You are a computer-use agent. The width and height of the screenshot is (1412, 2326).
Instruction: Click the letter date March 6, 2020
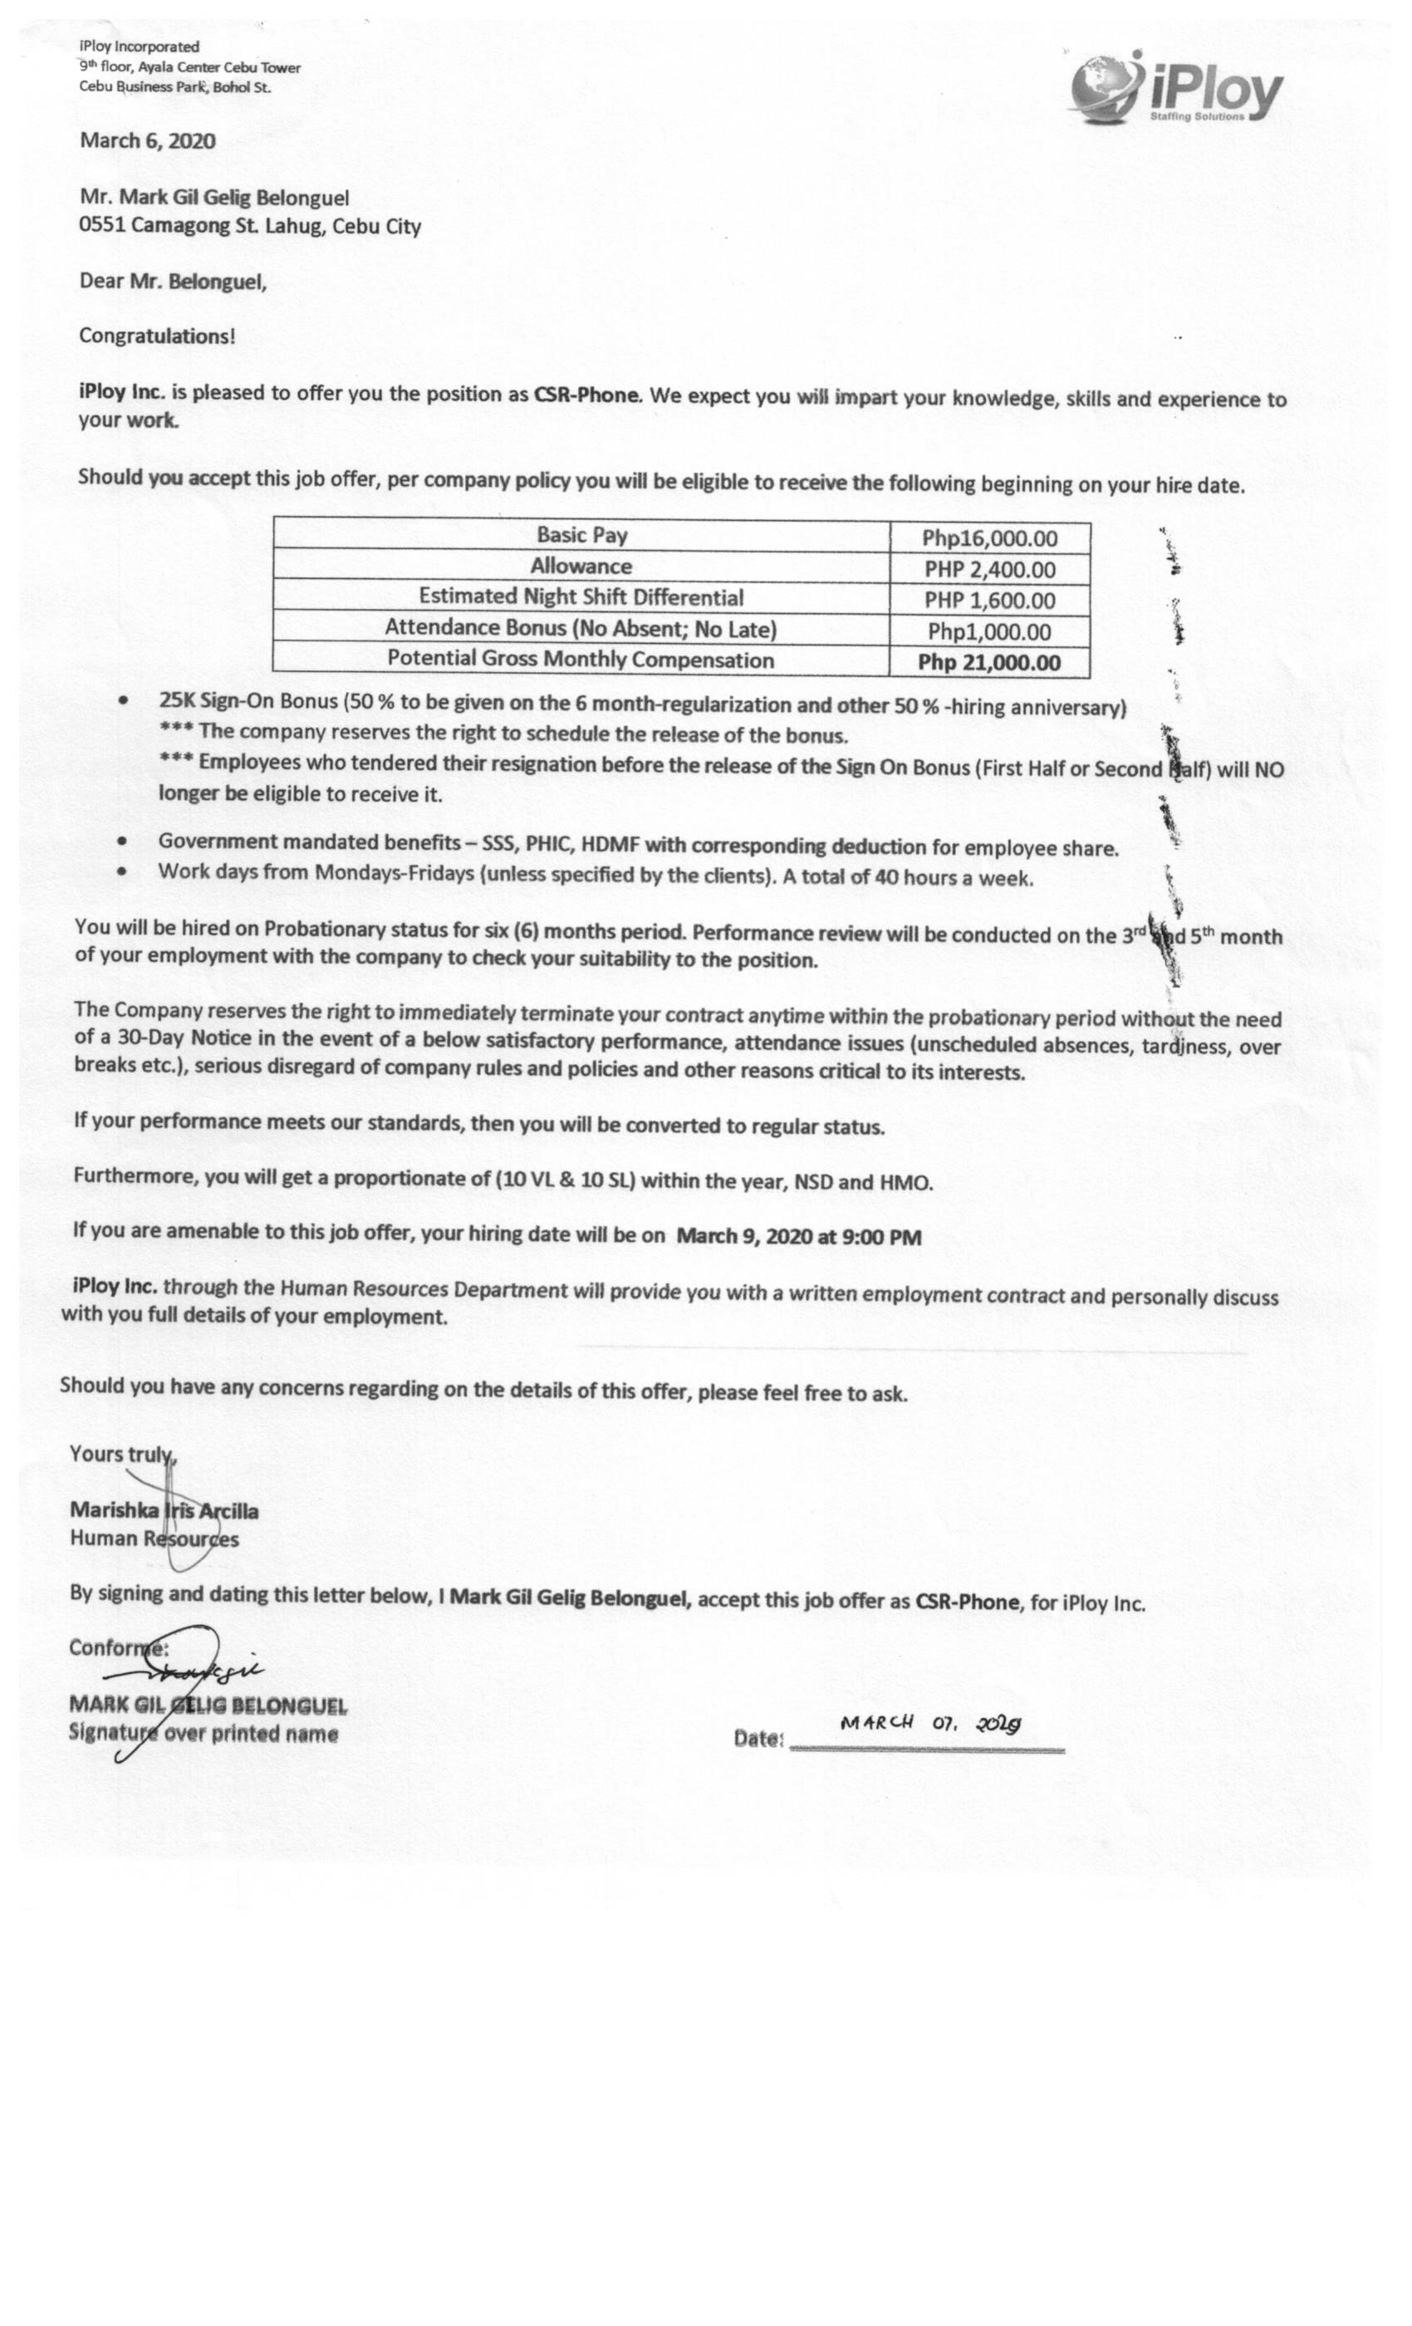(x=147, y=141)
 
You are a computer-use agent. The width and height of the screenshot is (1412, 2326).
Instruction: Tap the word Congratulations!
(x=157, y=336)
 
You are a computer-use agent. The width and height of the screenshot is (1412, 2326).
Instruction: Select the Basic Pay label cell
(x=581, y=535)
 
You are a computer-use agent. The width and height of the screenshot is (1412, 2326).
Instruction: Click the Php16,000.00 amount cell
(x=989, y=539)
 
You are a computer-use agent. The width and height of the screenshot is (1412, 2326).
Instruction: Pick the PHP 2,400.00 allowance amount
(x=989, y=570)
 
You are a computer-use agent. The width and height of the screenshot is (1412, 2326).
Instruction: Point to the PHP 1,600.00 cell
(x=989, y=601)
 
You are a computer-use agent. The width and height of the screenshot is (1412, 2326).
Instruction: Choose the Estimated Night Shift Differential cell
(x=581, y=597)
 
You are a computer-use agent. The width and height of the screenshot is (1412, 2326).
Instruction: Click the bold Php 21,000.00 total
(x=989, y=663)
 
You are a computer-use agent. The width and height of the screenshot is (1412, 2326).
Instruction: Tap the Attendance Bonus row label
(x=581, y=629)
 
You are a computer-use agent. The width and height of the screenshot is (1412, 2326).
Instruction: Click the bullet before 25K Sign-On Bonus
(x=123, y=702)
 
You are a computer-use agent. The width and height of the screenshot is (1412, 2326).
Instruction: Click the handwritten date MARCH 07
(x=929, y=1722)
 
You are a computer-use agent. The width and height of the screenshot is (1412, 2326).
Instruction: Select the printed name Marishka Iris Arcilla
(x=164, y=1510)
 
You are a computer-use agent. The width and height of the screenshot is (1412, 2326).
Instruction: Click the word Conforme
(x=117, y=1647)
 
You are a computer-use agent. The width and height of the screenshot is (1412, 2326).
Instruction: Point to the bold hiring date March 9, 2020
(x=797, y=1237)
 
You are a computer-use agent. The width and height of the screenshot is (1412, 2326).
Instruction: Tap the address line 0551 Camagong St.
(x=249, y=227)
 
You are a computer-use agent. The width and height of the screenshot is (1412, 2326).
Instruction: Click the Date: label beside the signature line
(x=757, y=1738)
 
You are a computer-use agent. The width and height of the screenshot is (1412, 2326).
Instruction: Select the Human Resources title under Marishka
(x=154, y=1538)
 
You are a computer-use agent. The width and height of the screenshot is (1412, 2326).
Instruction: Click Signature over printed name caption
(x=203, y=1733)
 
